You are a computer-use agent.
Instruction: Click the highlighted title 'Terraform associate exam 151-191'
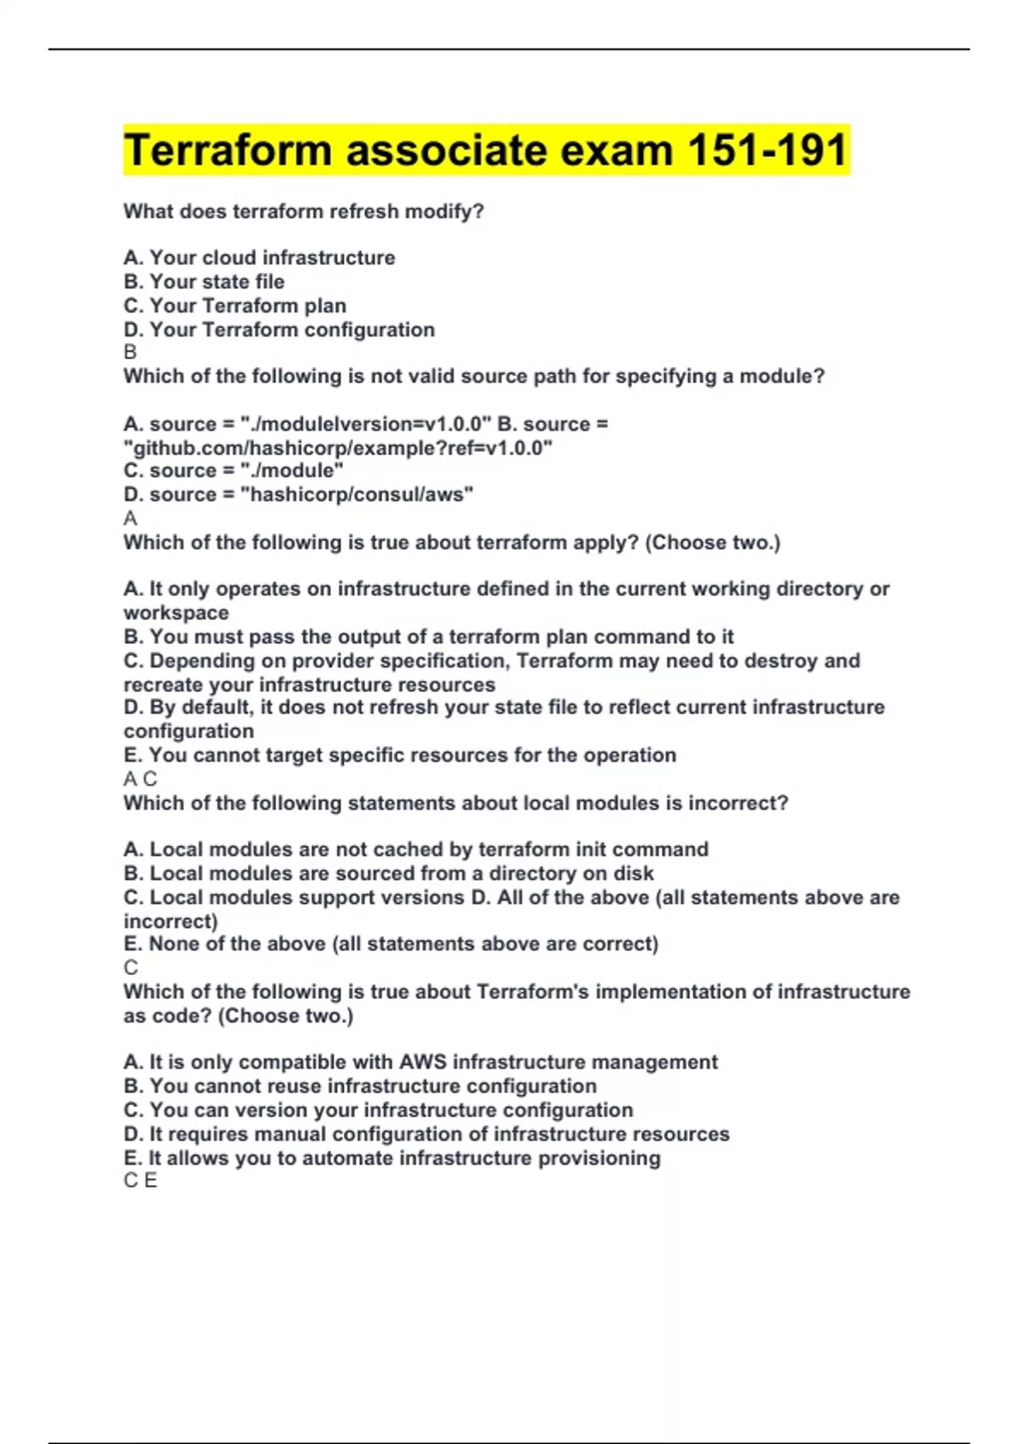pyautogui.click(x=486, y=150)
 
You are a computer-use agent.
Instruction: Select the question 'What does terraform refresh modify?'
pyautogui.click(x=303, y=212)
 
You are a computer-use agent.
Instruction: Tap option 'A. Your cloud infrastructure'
pyautogui.click(x=259, y=257)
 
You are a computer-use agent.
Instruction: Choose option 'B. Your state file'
pyautogui.click(x=204, y=281)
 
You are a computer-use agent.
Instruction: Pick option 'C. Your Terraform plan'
pyautogui.click(x=234, y=306)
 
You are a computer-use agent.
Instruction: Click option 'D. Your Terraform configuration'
pyautogui.click(x=279, y=330)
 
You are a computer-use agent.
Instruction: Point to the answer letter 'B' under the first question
pyautogui.click(x=130, y=352)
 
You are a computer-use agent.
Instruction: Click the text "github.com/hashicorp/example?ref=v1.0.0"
pyautogui.click(x=338, y=448)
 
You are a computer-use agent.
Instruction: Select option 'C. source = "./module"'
pyautogui.click(x=234, y=471)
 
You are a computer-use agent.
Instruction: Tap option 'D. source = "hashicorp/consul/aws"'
pyautogui.click(x=298, y=494)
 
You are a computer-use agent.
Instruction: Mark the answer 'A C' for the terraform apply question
pyautogui.click(x=140, y=779)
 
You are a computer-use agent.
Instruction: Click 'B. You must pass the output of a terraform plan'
pyautogui.click(x=429, y=637)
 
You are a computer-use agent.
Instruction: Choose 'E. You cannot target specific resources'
pyautogui.click(x=400, y=755)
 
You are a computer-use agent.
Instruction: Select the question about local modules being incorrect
pyautogui.click(x=456, y=803)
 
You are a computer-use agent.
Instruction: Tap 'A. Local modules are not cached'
pyautogui.click(x=416, y=849)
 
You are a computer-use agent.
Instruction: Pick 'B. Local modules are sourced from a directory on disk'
pyautogui.click(x=389, y=873)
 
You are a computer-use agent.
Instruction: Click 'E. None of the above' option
pyautogui.click(x=391, y=944)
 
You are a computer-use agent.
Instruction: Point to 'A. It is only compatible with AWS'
pyautogui.click(x=420, y=1062)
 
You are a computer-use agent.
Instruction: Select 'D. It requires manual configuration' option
pyautogui.click(x=426, y=1134)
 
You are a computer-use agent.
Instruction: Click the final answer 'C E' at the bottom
pyautogui.click(x=140, y=1181)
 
